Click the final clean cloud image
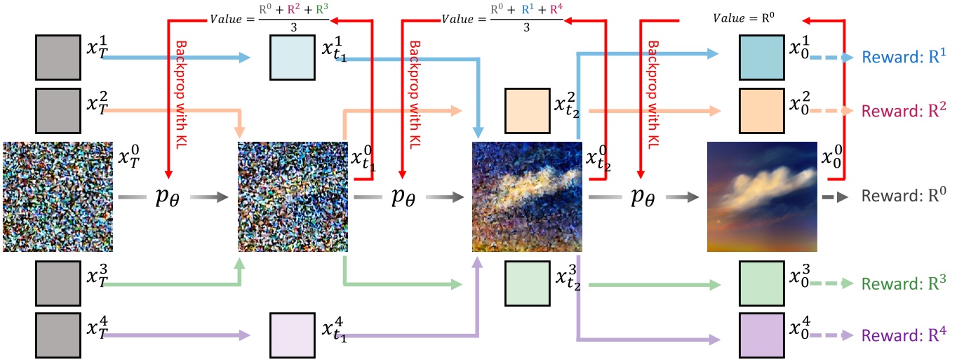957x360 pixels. click(762, 196)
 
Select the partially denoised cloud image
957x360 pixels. click(527, 196)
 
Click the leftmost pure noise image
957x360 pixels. click(58, 196)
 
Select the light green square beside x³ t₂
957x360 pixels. click(527, 284)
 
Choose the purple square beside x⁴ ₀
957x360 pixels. click(762, 335)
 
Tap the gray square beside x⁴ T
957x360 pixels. click(58, 335)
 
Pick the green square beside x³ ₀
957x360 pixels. click(762, 284)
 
